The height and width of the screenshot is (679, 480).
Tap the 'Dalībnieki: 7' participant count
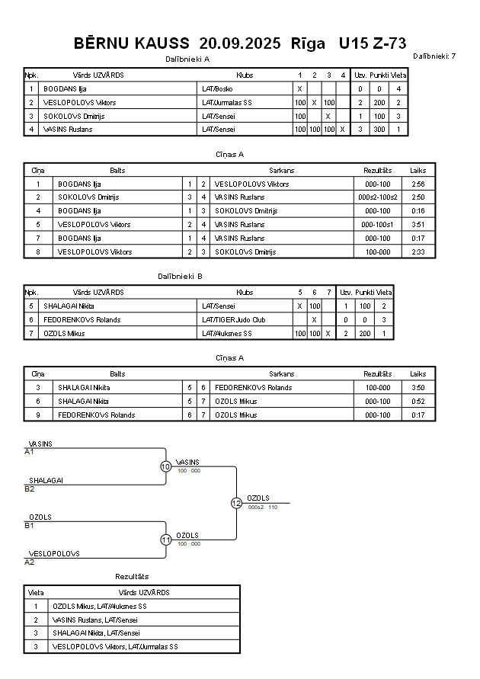click(x=434, y=56)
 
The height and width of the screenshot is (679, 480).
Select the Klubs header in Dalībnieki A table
click(x=245, y=75)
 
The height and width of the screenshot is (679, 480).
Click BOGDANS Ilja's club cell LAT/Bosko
click(x=218, y=89)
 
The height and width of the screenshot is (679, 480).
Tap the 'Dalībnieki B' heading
click(x=180, y=277)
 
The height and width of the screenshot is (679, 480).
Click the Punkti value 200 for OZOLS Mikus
click(x=365, y=334)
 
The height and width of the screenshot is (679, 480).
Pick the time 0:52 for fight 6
click(x=418, y=402)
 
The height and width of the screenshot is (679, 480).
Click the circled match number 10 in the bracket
click(x=165, y=466)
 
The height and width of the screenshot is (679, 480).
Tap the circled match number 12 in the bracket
click(x=236, y=503)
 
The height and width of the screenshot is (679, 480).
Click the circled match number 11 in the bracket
click(x=165, y=540)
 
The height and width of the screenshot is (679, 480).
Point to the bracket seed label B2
click(x=30, y=488)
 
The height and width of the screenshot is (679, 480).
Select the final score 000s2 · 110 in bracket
click(x=262, y=507)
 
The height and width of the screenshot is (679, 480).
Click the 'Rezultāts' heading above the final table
click(x=132, y=577)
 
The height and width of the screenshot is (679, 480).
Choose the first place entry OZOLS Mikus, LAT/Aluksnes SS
click(x=99, y=607)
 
